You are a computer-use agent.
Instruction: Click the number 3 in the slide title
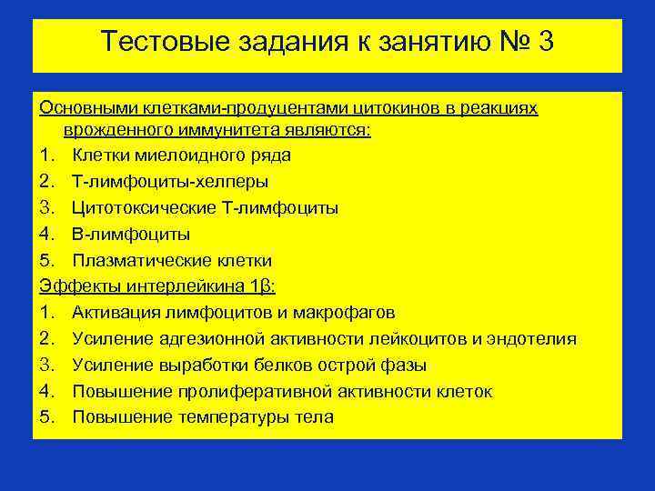544,42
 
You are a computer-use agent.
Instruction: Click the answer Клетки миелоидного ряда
181,155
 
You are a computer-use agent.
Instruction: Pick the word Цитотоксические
144,208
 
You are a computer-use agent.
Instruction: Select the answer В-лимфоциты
131,235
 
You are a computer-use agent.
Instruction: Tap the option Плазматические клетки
172,261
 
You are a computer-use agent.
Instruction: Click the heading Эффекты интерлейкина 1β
157,287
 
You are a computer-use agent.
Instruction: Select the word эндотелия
533,339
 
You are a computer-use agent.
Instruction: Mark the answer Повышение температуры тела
202,418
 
